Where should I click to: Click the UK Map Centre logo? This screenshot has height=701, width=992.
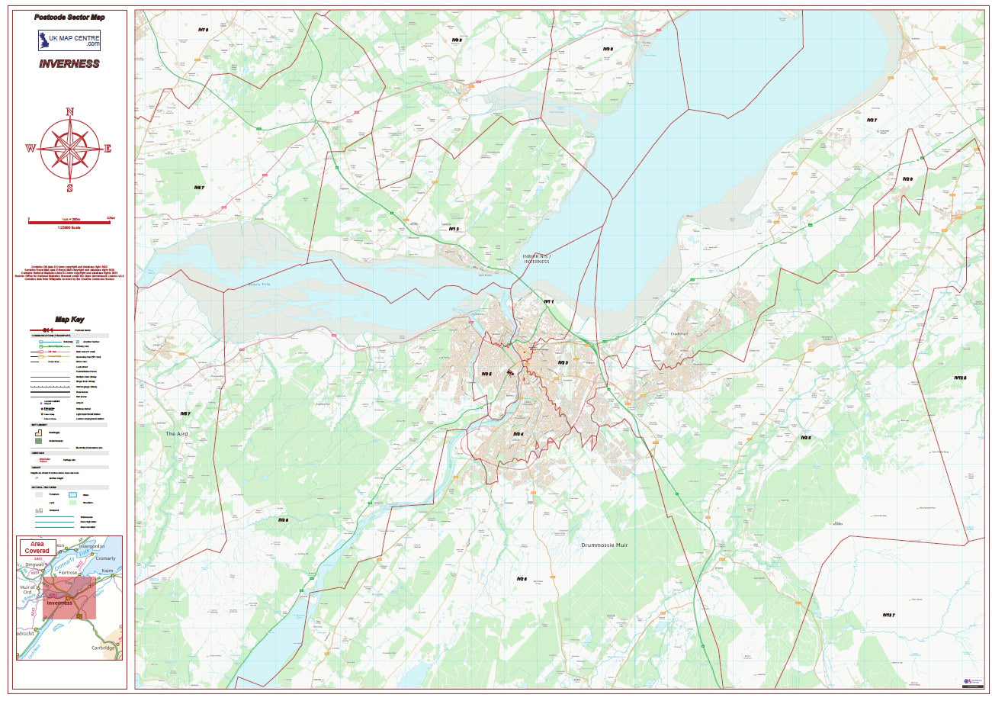pos(69,40)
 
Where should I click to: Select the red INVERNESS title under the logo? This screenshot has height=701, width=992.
pos(69,63)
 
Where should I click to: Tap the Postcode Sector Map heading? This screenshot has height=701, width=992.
pos(69,17)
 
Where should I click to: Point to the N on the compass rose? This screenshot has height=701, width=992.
pos(69,111)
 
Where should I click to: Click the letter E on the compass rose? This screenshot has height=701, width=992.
pos(108,149)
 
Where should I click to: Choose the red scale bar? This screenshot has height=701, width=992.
pos(69,222)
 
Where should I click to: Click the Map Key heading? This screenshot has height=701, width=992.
pos(69,320)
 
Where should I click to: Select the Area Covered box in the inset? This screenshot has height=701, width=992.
pos(37,547)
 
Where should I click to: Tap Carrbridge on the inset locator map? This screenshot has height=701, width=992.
pos(102,648)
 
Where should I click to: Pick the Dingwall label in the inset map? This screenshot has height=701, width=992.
pos(35,565)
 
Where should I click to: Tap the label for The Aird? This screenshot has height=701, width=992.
pos(177,433)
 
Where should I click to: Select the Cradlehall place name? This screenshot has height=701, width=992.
pos(679,333)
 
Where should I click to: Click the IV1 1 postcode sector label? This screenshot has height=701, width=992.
pos(547,302)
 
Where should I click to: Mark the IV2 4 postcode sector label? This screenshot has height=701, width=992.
pos(518,434)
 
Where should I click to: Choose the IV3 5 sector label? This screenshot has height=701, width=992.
pos(486,374)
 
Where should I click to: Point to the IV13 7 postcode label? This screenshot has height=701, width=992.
pos(888,615)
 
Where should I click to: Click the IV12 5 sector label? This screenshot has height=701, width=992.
pos(960,378)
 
